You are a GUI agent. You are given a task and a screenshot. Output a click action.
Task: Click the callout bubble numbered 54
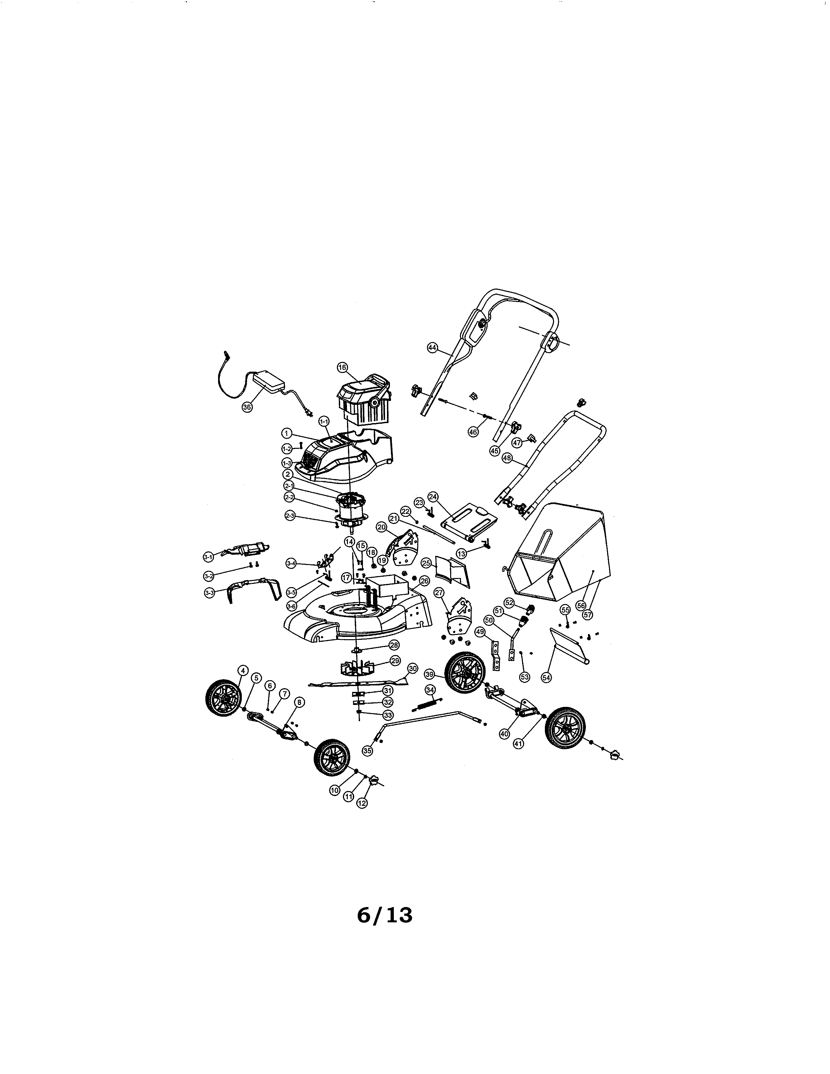(546, 677)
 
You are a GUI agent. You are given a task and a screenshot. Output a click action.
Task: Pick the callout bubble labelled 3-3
(209, 593)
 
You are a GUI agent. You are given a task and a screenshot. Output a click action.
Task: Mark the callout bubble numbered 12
(362, 803)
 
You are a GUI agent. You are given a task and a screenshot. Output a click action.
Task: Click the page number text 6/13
(384, 916)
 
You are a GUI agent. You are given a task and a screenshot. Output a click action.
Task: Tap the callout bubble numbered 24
(433, 497)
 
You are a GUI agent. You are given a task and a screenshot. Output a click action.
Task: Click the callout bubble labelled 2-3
(290, 516)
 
